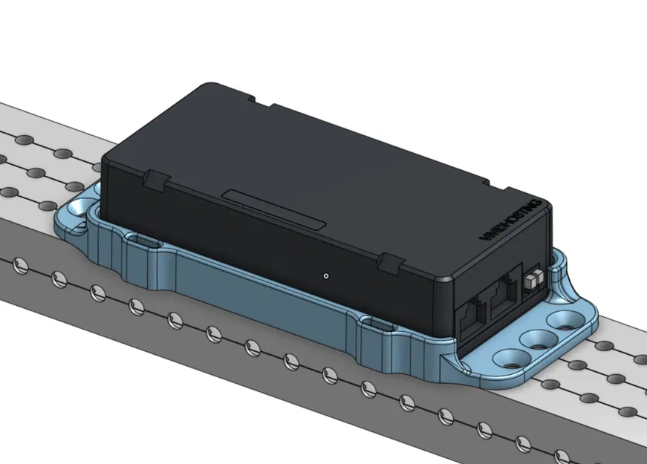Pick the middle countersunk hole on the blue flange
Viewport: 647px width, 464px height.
pos(533,339)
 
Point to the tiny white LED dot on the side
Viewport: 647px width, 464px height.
pos(326,275)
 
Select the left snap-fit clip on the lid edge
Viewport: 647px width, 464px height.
pos(155,180)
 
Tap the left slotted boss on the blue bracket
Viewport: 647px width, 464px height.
pos(142,242)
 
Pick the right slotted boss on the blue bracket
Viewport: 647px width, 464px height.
pos(374,324)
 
